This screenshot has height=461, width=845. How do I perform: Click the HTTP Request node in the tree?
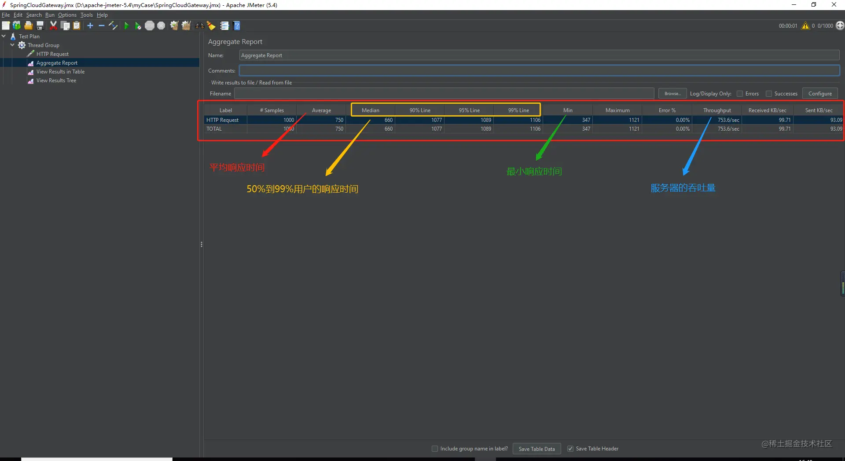52,54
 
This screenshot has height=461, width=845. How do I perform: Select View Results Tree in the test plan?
56,80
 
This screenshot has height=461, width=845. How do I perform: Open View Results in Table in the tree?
60,72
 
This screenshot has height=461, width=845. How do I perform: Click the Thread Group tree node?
43,45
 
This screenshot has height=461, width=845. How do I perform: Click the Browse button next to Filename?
672,94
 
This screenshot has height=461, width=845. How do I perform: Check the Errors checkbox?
740,94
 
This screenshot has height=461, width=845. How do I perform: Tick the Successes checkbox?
769,94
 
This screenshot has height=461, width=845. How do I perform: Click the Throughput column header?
717,110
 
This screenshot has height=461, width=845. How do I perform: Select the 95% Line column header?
469,110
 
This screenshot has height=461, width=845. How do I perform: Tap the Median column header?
371,110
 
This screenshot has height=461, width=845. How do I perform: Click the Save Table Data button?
536,449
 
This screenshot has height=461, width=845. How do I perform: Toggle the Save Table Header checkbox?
570,449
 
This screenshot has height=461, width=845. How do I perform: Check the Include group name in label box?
435,449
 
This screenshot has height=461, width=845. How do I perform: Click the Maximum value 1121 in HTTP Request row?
634,120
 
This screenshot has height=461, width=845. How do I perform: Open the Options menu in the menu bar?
67,15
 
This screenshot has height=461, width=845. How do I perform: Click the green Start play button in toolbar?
126,26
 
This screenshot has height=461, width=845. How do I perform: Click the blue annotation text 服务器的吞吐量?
683,188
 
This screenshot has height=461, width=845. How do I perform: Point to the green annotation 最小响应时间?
534,172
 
